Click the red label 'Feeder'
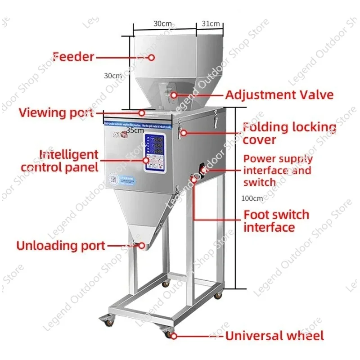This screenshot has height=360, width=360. coord(73,57)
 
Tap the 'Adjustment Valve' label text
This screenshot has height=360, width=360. coord(279,95)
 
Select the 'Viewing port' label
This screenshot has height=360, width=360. coord(56,112)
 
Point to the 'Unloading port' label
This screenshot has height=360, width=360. coord(61,246)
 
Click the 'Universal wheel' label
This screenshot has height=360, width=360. coord(274,336)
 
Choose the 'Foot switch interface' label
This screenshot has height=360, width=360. coord(276,220)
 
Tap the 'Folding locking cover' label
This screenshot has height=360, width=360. coord(289,133)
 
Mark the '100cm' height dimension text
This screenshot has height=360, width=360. coord(252,198)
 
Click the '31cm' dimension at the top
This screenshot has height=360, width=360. coord(210,23)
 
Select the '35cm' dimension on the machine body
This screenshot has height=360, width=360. coord(135,130)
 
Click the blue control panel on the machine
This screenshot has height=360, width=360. coord(155,153)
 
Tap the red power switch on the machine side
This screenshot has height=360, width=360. coord(202,170)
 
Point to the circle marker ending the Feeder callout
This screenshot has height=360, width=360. coord(152,58)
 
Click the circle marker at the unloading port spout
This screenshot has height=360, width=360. coord(141,246)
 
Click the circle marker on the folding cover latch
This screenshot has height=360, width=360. coord(182,133)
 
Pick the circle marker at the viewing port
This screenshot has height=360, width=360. coord(141,112)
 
